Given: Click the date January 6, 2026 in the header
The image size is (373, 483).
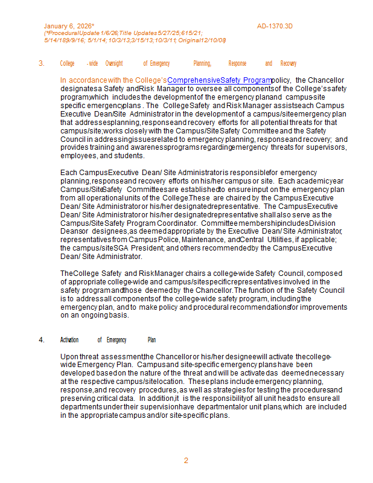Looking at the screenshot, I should point(68,26).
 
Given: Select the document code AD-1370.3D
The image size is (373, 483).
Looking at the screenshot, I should point(275,26).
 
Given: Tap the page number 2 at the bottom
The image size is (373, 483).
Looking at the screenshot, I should point(186,461).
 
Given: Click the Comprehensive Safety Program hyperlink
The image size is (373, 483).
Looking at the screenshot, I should point(219,80).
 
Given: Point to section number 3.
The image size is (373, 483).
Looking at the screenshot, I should point(42,63).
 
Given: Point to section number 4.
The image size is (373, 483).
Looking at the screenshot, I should point(42,340).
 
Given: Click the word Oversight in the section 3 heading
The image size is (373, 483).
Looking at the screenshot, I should point(114,63).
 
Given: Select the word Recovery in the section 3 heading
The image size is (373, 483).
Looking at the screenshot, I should point(289,63).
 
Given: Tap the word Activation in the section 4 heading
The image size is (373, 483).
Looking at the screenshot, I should point(69,340).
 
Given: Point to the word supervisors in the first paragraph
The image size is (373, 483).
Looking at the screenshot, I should point(330,147).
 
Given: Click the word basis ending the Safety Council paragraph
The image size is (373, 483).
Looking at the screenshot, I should point(118,315).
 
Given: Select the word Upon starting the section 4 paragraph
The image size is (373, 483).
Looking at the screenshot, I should point(69,356).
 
